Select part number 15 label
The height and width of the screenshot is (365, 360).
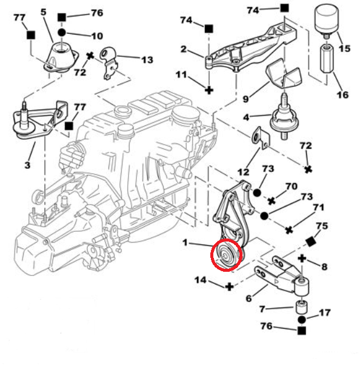[344, 48]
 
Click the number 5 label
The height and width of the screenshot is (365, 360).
[43, 12]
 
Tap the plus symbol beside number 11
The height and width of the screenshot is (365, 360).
[208, 90]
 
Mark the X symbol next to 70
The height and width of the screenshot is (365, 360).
[272, 200]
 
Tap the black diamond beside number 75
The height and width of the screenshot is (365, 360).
[311, 242]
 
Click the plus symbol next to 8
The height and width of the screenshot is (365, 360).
[302, 259]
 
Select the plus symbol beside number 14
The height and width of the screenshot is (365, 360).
[229, 286]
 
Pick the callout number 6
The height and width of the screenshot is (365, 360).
[248, 298]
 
